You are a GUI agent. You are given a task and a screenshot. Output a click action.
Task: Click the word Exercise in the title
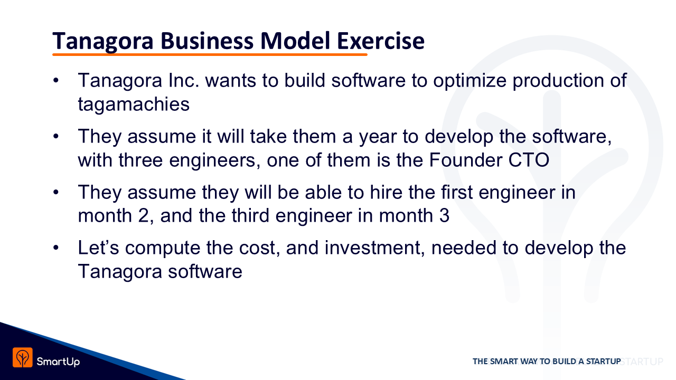click(x=381, y=41)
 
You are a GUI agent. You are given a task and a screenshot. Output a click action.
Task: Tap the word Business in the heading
click(x=206, y=41)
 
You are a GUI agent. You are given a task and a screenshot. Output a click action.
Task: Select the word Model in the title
click(x=295, y=41)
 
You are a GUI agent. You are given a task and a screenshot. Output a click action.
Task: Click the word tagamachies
click(x=134, y=104)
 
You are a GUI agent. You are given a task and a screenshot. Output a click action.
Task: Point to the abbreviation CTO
click(x=529, y=160)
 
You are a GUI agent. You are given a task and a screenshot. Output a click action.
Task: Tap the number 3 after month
click(x=444, y=216)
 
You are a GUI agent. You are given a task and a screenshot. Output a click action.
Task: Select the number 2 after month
click(x=144, y=216)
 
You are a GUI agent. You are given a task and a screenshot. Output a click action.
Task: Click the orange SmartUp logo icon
click(x=22, y=357)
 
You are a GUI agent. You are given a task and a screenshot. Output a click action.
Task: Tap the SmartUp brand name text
click(x=58, y=362)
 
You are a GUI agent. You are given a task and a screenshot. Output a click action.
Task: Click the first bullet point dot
click(x=56, y=81)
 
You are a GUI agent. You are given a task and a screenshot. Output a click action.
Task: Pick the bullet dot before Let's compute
click(x=56, y=248)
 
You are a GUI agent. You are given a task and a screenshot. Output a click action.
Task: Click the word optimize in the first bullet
click(x=470, y=81)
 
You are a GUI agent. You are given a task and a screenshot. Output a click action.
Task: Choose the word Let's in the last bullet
click(x=98, y=248)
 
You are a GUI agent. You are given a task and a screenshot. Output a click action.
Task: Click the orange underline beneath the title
click(x=210, y=54)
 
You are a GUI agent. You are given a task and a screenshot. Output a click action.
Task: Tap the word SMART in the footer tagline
click(x=504, y=362)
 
